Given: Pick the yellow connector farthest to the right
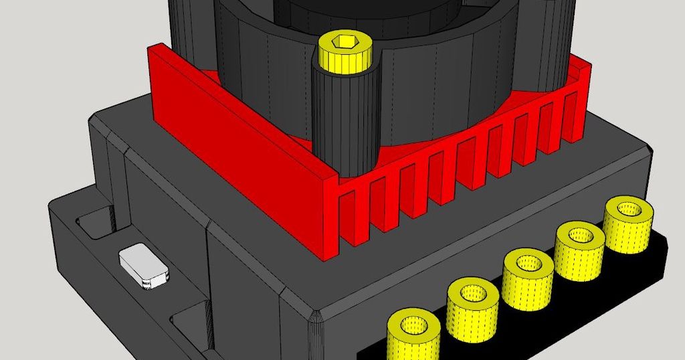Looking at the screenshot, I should (629, 224).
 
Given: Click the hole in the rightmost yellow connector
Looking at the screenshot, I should (629, 209).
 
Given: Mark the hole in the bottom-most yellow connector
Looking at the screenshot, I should (415, 326).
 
